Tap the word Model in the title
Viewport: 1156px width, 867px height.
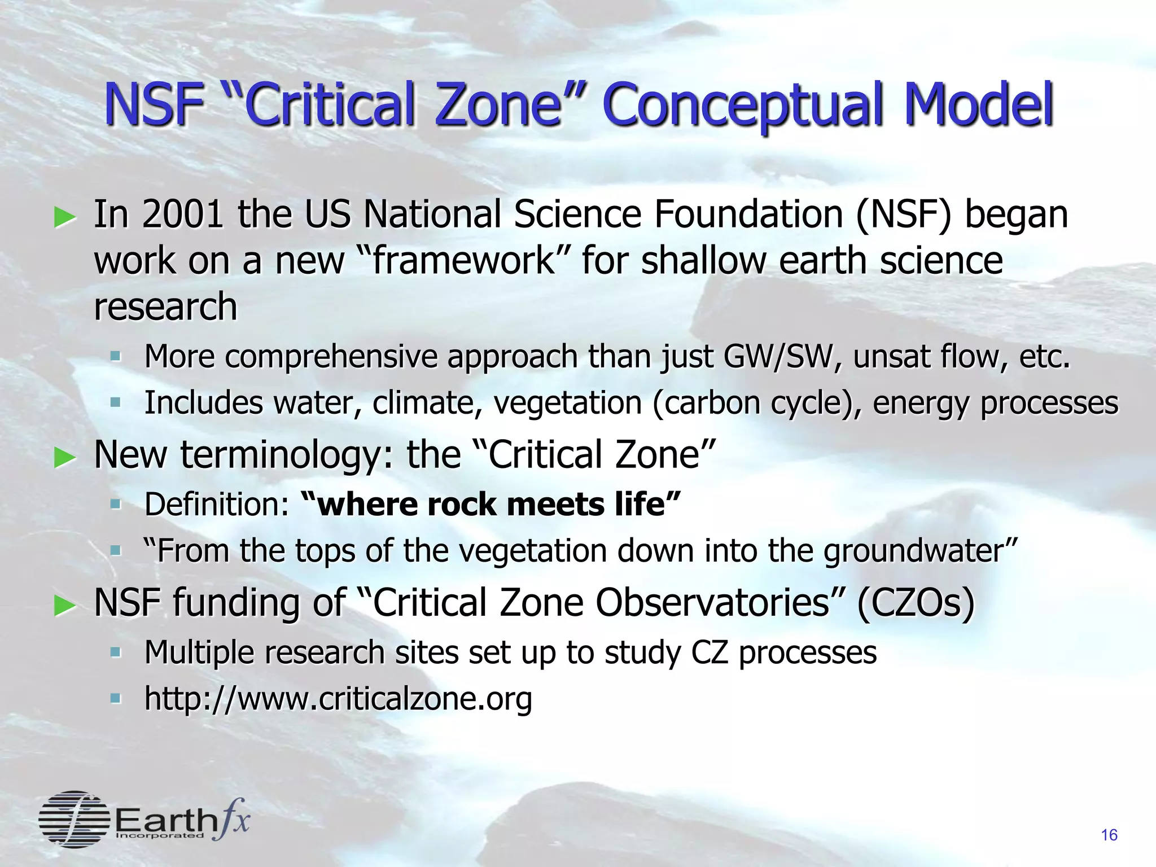pyautogui.click(x=979, y=104)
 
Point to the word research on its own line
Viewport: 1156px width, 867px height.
pyautogui.click(x=165, y=308)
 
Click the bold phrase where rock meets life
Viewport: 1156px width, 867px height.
pyautogui.click(x=491, y=504)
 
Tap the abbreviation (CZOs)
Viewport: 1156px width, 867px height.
pyautogui.click(x=916, y=603)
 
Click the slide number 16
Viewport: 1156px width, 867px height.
pyautogui.click(x=1109, y=835)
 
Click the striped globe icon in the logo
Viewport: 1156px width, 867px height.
pyautogui.click(x=74, y=819)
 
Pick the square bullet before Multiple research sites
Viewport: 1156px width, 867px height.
pyautogui.click(x=116, y=653)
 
